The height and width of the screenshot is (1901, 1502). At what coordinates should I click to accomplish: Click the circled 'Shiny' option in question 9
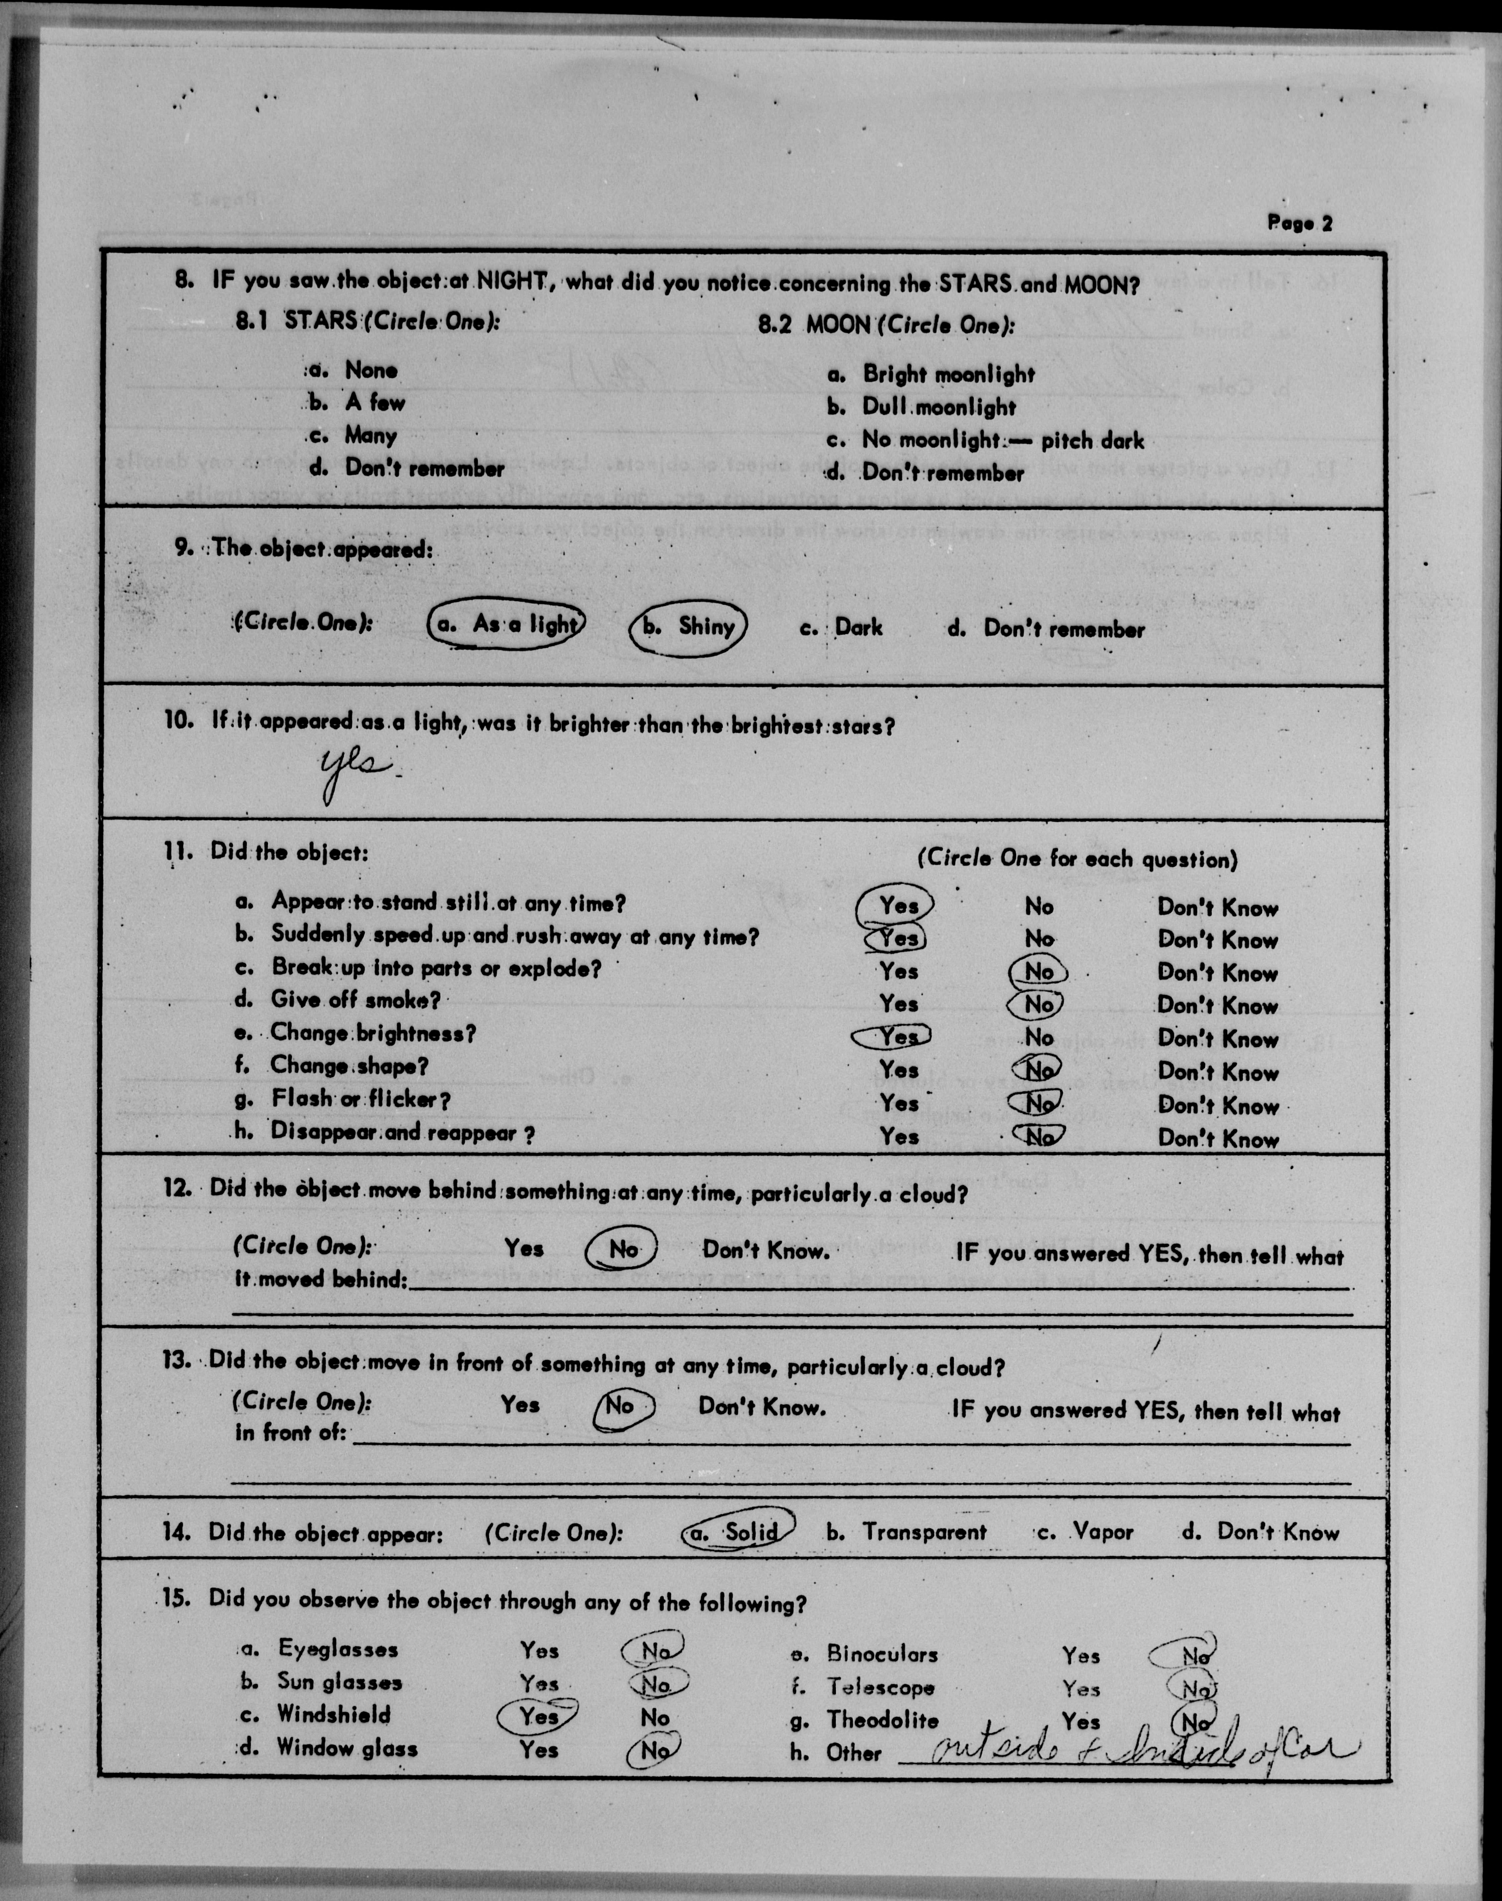click(689, 627)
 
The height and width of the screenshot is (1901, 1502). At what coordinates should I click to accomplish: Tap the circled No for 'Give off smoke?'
click(1038, 1004)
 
